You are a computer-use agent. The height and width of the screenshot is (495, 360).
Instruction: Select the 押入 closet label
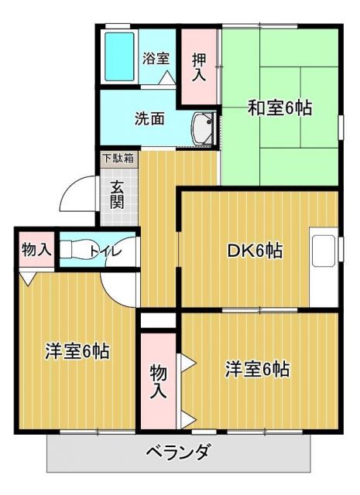click(x=198, y=67)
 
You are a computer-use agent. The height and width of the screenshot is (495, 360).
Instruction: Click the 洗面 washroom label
click(x=149, y=119)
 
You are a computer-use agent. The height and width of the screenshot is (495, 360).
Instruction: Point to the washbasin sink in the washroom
click(x=204, y=128)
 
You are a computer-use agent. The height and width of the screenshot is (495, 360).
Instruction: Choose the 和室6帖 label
click(x=279, y=108)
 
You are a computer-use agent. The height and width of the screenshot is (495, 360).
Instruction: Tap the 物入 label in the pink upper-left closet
click(x=36, y=249)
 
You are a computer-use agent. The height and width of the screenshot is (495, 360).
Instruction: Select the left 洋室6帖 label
click(x=76, y=351)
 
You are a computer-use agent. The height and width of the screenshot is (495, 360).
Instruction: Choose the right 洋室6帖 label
click(x=258, y=369)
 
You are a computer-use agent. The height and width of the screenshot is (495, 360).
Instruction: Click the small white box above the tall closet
click(x=159, y=319)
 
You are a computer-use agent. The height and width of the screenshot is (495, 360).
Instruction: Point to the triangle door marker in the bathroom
click(x=166, y=77)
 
